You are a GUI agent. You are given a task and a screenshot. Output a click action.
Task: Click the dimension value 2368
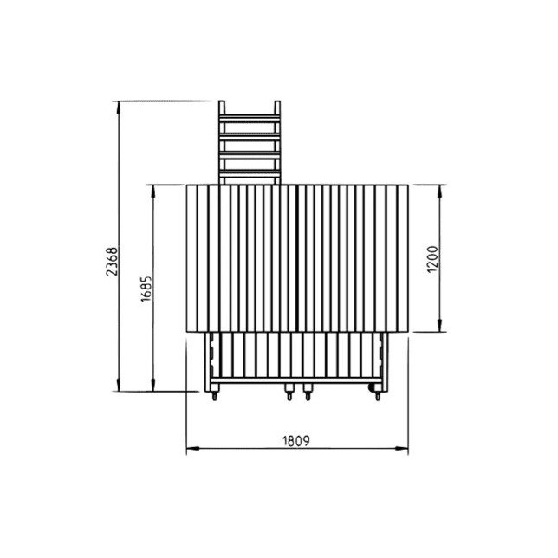tap(112, 261)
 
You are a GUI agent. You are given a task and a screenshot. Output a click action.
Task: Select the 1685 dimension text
tap(146, 289)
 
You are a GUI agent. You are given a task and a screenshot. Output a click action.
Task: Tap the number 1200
tap(432, 259)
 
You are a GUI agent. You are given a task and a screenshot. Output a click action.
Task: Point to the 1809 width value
tap(296, 441)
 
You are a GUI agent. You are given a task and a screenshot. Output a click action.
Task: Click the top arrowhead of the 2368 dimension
tap(119, 107)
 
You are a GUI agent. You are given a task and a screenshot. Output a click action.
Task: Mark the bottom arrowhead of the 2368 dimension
tap(119, 385)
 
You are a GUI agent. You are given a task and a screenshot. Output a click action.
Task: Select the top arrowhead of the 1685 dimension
tap(153, 191)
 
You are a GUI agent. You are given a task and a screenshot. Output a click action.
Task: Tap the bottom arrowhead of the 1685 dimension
tap(153, 385)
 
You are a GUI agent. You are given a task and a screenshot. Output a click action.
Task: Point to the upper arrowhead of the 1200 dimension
tap(439, 191)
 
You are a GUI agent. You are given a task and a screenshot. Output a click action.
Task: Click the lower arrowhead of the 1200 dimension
tap(439, 325)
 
